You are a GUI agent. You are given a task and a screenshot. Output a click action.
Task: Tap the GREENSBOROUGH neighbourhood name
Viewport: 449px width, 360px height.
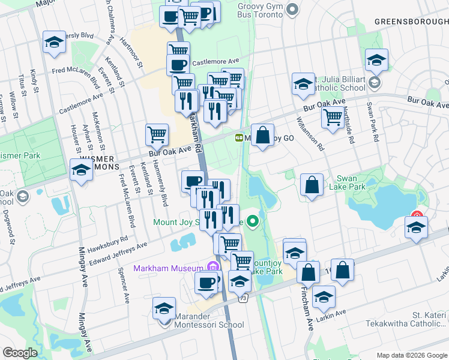click(411, 22)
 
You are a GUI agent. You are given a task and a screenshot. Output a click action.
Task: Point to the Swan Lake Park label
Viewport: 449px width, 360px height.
click(351, 182)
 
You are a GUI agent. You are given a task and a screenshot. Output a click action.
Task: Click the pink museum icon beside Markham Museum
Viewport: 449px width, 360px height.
click(211, 268)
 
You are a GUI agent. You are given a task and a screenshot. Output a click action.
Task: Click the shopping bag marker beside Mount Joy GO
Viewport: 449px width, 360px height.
click(263, 135)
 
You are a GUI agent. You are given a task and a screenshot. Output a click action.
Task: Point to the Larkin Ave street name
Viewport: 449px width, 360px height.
click(332, 315)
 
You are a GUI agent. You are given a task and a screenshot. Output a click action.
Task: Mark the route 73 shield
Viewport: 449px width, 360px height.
click(243, 298)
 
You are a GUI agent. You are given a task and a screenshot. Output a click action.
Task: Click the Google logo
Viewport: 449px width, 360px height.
click(20, 353)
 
